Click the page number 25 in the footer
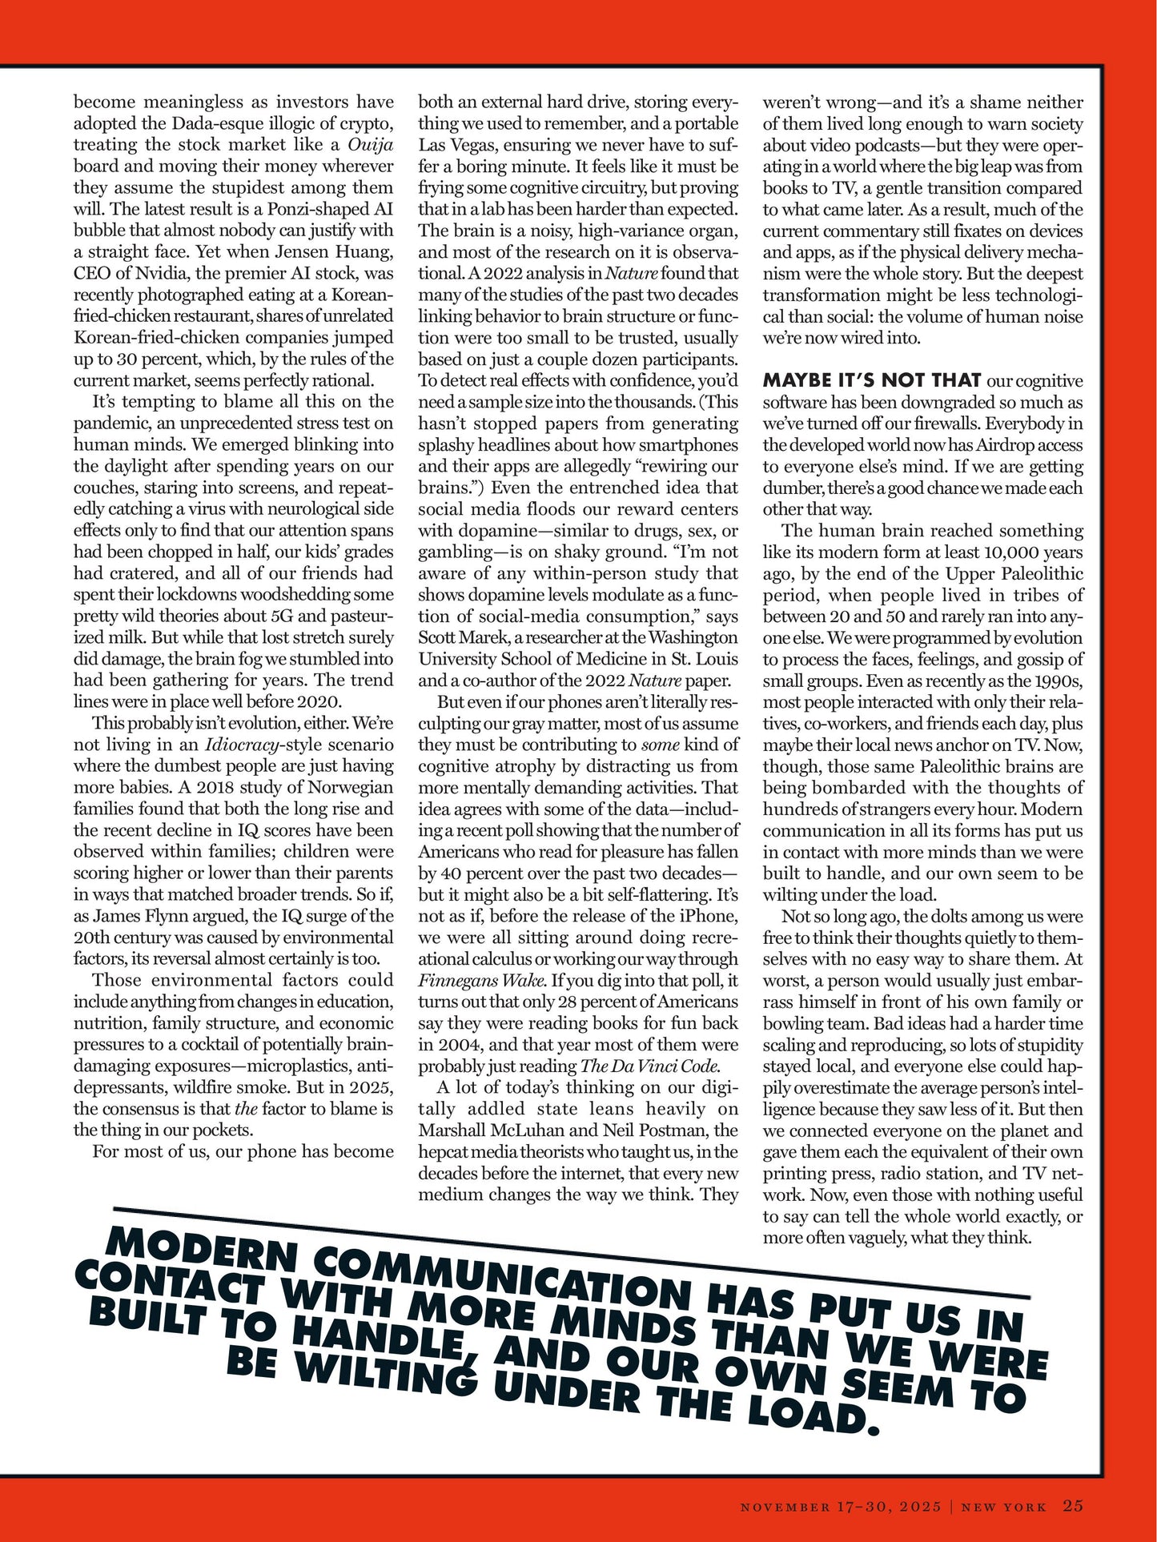coord(1073,1506)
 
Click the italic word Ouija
coord(371,145)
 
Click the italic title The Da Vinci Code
coord(649,1066)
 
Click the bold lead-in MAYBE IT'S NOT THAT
coord(872,380)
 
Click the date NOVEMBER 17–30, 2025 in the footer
coord(841,1507)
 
